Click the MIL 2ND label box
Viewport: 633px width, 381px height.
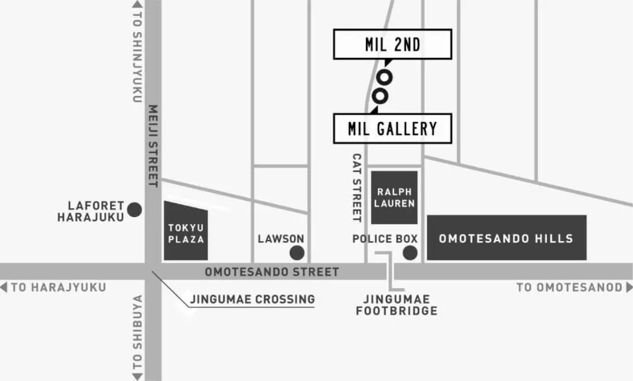[392, 44]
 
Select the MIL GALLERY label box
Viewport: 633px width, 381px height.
[392, 129]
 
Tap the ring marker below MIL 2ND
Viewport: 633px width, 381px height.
[384, 77]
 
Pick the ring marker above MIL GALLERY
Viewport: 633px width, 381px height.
[380, 95]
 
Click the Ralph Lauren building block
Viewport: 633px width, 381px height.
[394, 197]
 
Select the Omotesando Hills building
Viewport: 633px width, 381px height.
[506, 238]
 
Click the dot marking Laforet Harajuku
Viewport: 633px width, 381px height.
[135, 210]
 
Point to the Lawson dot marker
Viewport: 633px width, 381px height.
[297, 253]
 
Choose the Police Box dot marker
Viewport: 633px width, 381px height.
[410, 253]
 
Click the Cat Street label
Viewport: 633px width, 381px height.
[357, 188]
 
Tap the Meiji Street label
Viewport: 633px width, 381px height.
[153, 146]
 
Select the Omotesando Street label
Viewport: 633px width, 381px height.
[272, 272]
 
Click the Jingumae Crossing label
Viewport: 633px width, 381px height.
[252, 299]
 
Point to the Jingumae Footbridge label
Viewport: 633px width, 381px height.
[396, 305]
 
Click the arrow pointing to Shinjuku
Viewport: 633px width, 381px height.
[137, 4]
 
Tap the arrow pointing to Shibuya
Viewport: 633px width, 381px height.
[137, 377]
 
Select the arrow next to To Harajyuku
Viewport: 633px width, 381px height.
[4, 287]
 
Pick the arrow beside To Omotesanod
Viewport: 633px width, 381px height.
[629, 287]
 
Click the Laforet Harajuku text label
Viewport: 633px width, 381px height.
[91, 211]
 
